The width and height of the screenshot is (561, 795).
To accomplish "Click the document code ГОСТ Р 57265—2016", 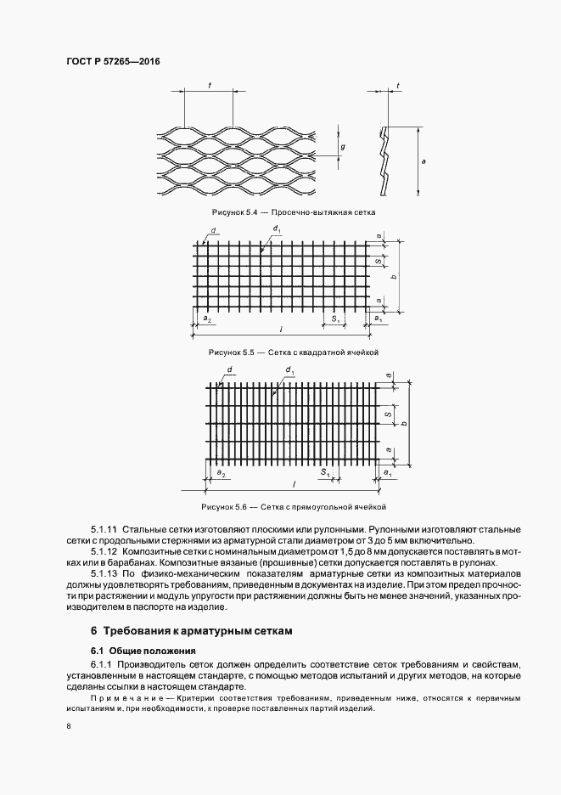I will point(113,63).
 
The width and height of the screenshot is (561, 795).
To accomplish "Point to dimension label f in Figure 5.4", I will point(209,85).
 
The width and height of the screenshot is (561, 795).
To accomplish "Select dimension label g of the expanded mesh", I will point(343,148).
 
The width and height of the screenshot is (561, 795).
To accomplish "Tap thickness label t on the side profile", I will point(398,86).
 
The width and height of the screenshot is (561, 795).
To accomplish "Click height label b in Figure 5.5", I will point(392,277).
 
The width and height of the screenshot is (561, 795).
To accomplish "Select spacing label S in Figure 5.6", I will point(387,415).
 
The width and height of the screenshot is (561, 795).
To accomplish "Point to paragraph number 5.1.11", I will point(104,530).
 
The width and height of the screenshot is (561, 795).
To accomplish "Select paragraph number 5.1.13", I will point(104,575).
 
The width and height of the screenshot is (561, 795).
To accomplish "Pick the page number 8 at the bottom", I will point(68,727).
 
